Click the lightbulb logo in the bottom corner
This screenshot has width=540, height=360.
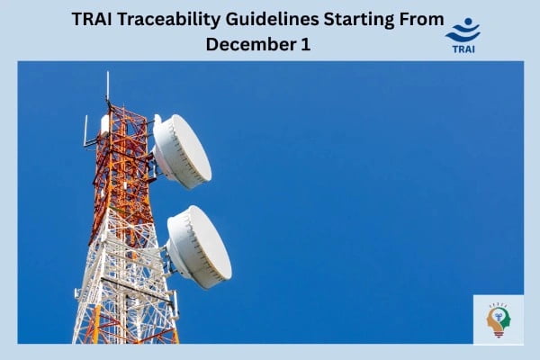click(x=498, y=319)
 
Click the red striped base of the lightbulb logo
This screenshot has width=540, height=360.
click(x=498, y=334)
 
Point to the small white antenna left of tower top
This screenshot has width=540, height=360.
click(x=86, y=130)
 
